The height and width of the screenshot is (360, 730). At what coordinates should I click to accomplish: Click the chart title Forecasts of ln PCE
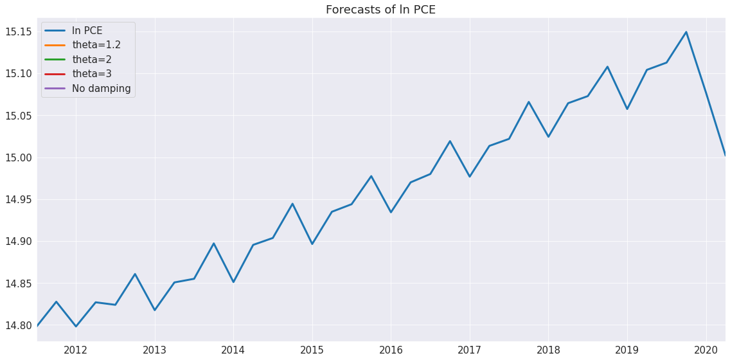(380, 10)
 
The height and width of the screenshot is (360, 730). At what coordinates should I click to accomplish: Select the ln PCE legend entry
(87, 31)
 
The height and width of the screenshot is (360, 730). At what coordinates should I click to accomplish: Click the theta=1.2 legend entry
(96, 45)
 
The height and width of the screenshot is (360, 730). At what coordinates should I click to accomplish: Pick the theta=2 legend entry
(91, 60)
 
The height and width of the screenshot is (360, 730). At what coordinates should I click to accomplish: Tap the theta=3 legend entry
(91, 74)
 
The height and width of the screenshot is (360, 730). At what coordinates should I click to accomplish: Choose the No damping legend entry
(101, 89)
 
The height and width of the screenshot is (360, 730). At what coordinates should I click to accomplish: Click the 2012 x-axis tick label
(76, 350)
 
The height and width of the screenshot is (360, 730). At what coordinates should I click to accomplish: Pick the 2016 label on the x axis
(391, 350)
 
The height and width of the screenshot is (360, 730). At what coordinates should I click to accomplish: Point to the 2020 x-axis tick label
(706, 350)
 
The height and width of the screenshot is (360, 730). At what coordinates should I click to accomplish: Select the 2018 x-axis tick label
(548, 350)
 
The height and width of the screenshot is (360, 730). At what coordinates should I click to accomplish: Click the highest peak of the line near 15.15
(686, 32)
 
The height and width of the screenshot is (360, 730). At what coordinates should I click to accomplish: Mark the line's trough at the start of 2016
(391, 212)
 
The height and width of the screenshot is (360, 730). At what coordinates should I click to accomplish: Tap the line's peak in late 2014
(292, 204)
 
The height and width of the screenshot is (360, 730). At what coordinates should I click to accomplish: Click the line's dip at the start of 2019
(627, 109)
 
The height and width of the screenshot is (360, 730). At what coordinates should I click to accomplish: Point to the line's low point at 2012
(76, 326)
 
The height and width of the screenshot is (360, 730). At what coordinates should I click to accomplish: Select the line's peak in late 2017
(528, 102)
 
